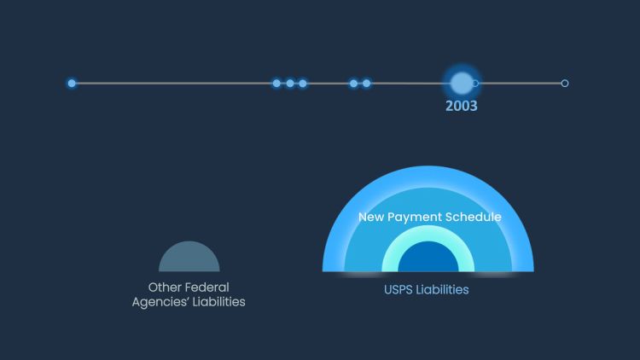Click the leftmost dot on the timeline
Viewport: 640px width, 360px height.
(72, 84)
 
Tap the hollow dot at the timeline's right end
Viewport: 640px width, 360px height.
(565, 84)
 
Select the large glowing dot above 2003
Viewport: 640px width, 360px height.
(461, 83)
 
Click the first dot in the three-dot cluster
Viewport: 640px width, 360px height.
(276, 84)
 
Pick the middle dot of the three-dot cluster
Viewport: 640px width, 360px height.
(290, 84)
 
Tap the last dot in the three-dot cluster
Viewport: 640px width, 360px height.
(303, 84)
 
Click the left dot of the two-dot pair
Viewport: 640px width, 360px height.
(353, 84)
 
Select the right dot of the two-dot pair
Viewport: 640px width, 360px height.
(367, 84)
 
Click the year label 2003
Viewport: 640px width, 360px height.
(462, 107)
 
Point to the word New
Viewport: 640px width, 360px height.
(371, 218)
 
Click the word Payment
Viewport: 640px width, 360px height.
(416, 218)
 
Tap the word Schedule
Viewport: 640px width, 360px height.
(474, 218)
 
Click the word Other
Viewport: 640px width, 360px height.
(166, 287)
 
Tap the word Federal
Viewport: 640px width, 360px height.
(208, 287)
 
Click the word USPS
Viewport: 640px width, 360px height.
(399, 290)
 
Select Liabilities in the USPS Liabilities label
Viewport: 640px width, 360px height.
(443, 290)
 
